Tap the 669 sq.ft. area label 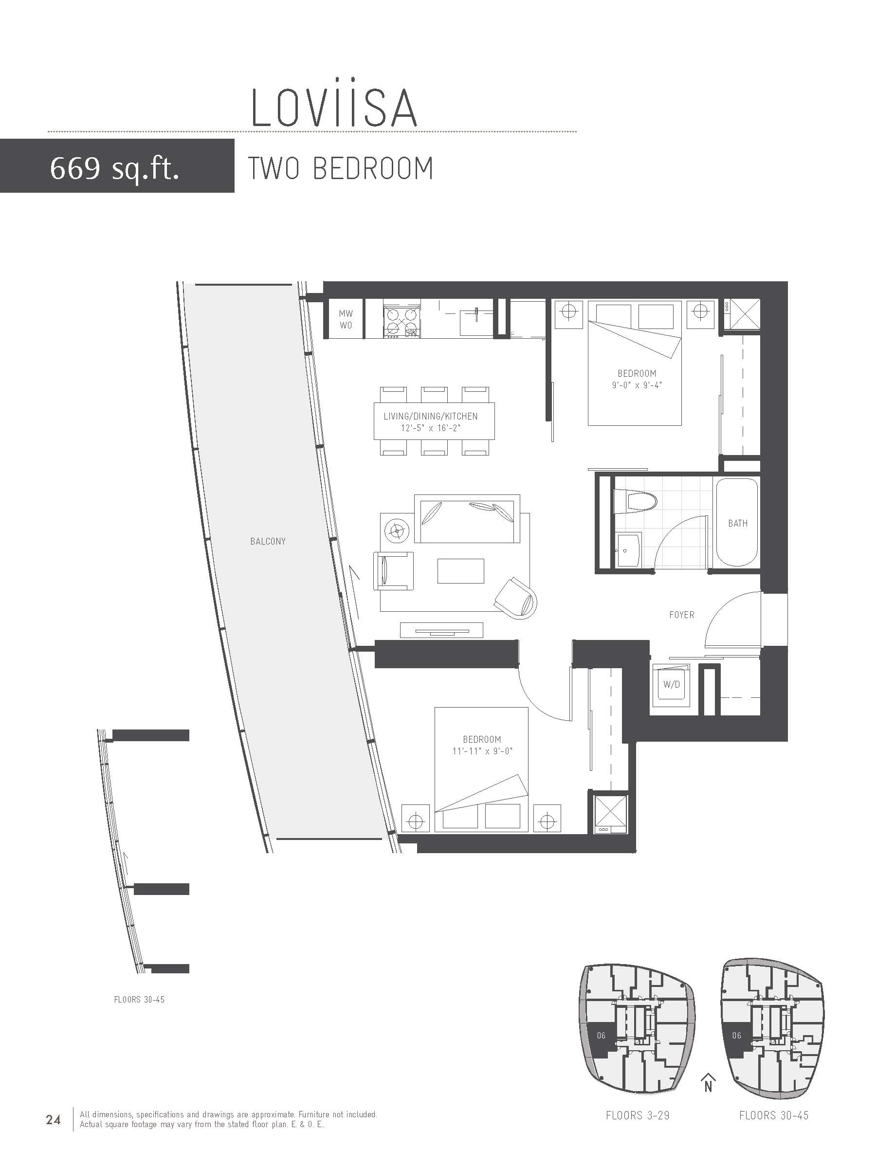(114, 169)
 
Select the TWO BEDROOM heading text (341, 168)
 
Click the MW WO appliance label (346, 319)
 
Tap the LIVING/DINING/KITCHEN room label (430, 416)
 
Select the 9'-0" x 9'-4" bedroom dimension (637, 385)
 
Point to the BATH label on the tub (738, 523)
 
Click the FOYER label (682, 615)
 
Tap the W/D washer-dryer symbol (672, 685)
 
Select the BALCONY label (268, 541)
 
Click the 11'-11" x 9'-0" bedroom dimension (483, 751)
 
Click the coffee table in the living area (460, 571)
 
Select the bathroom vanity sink (628, 550)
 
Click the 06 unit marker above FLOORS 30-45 (737, 1036)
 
